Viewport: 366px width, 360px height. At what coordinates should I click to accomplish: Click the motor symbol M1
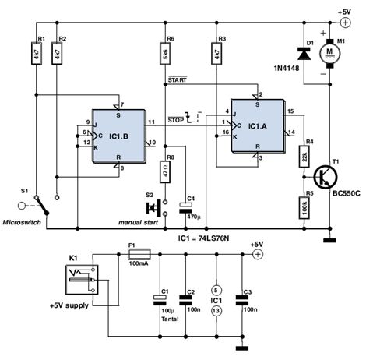[329, 54]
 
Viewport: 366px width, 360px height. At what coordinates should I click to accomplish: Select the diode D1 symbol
[304, 54]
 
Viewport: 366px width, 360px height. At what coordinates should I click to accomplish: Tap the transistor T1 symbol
[326, 178]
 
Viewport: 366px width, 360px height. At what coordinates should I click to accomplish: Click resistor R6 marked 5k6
[165, 54]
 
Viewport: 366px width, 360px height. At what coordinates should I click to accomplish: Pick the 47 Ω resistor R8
[165, 171]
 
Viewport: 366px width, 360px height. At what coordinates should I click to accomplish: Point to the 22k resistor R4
[304, 157]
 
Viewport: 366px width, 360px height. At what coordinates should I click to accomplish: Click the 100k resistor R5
[304, 208]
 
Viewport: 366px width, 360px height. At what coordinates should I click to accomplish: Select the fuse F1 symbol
[139, 254]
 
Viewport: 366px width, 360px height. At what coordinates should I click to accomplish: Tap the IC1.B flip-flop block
[119, 136]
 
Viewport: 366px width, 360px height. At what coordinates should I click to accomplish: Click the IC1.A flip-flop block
[258, 126]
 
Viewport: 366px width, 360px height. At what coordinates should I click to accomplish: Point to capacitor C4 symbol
[186, 208]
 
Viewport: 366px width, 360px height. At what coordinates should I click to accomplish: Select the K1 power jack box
[82, 280]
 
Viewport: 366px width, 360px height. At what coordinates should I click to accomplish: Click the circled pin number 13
[216, 311]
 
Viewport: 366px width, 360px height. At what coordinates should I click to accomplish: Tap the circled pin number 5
[216, 290]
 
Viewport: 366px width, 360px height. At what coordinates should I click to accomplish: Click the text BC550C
[347, 193]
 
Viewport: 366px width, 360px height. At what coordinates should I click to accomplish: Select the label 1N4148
[287, 69]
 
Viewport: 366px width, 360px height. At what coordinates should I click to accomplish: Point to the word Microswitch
[22, 222]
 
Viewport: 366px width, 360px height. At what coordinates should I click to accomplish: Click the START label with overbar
[178, 79]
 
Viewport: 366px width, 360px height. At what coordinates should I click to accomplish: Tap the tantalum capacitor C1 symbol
[160, 300]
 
